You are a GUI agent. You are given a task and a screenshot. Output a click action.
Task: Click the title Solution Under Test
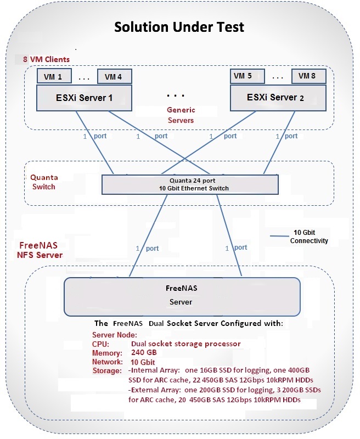[179, 27]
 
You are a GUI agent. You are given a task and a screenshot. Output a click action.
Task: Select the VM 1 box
[53, 77]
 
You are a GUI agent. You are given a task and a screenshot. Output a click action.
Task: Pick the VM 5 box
[243, 76]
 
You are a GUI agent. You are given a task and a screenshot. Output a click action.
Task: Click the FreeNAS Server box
[182, 296]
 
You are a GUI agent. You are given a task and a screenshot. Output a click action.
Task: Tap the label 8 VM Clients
[46, 59]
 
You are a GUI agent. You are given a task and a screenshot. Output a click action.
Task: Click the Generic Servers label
[181, 115]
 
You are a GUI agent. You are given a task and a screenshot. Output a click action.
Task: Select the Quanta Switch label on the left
[44, 182]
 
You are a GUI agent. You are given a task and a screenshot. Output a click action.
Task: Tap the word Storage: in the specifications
[107, 371]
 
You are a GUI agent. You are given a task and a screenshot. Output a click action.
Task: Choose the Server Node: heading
[115, 335]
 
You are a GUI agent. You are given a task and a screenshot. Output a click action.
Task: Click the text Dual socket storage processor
[185, 344]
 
